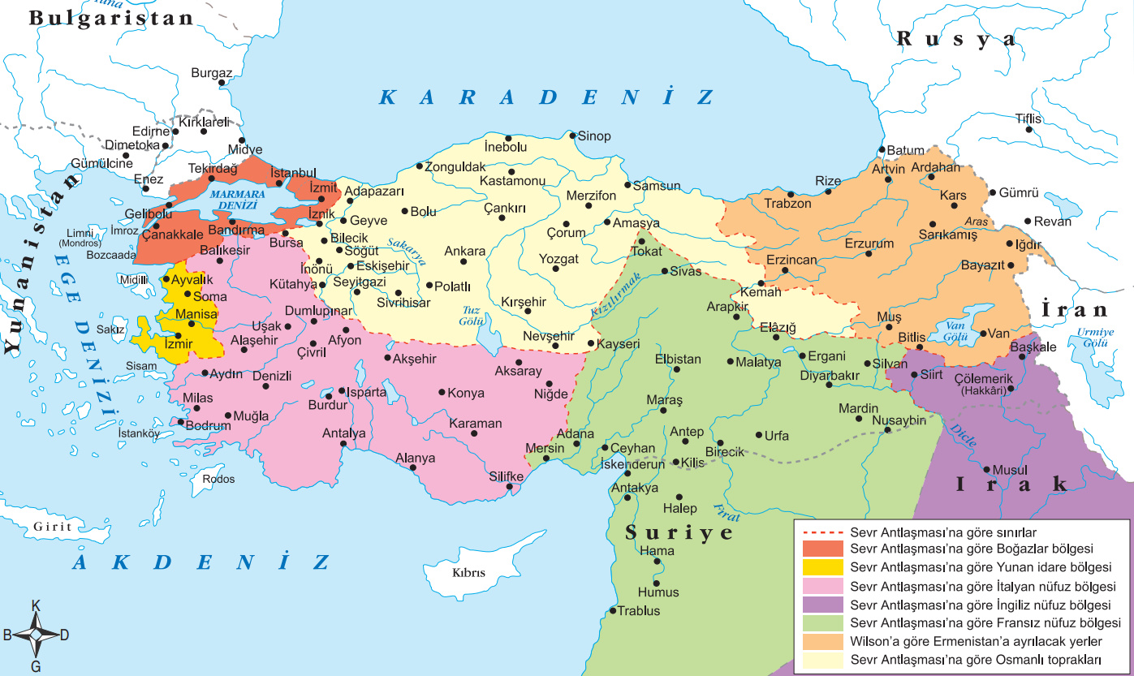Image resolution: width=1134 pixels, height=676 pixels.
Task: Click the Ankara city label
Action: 464,252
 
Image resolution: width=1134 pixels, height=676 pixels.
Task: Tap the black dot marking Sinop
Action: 572,136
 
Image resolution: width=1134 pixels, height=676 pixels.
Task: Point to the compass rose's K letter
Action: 36,605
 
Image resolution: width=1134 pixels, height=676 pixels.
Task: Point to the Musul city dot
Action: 986,469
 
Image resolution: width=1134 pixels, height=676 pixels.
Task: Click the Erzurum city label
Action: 869,243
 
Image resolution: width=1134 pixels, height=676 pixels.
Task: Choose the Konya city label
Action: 466,393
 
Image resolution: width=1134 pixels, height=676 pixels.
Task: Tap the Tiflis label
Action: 1028,119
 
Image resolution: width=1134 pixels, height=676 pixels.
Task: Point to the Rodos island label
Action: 218,479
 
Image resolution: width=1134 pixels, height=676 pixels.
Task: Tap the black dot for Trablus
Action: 613,610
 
